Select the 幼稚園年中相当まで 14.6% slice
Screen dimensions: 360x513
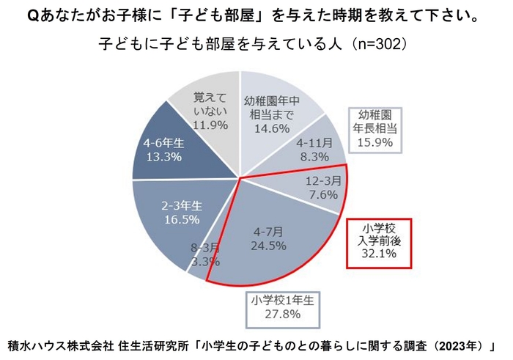pyautogui.click(x=275, y=110)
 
